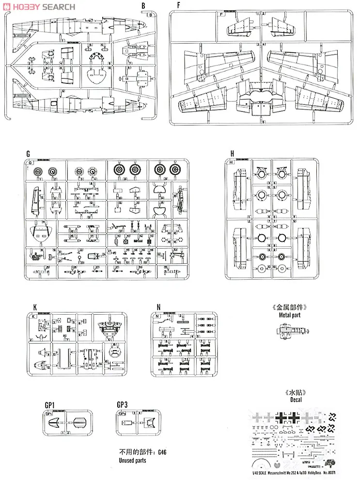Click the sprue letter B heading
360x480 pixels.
tap(143, 5)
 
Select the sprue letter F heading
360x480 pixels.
tap(179, 5)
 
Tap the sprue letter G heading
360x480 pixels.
tap(29, 154)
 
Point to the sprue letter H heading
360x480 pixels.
tap(232, 154)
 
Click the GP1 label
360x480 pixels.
tap(49, 403)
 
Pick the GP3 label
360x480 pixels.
tap(122, 403)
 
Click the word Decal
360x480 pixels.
tap(294, 400)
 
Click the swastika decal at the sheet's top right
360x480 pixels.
tap(333, 416)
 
